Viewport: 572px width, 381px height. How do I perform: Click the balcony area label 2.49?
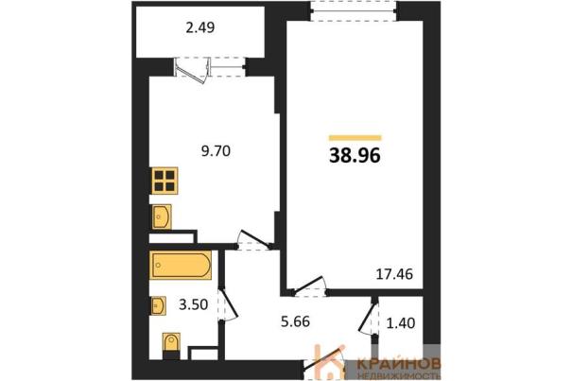(x=200, y=27)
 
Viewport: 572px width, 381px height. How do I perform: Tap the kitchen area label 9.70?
(x=216, y=150)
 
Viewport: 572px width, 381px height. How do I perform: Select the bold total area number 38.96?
(x=355, y=156)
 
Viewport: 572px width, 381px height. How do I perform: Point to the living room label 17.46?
(x=394, y=274)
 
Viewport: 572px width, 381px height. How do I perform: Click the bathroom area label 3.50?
(x=193, y=304)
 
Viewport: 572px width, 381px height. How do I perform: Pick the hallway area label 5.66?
(x=296, y=321)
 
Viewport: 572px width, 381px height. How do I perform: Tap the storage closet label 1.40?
(x=401, y=323)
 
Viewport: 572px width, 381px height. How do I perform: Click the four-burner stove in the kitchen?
(x=165, y=181)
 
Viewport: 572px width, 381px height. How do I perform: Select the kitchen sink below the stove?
(x=162, y=216)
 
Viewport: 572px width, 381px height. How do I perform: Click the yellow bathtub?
(x=181, y=265)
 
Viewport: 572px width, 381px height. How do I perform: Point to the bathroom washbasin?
(x=158, y=305)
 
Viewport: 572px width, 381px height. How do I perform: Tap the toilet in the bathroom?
(x=171, y=345)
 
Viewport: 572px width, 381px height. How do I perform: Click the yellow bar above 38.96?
(x=355, y=138)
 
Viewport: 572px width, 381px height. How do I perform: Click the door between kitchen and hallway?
(x=254, y=240)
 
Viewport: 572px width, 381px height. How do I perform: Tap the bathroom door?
(x=229, y=305)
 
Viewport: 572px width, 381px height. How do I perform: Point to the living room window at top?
(x=355, y=11)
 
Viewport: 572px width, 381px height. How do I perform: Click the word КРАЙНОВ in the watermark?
(x=399, y=364)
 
